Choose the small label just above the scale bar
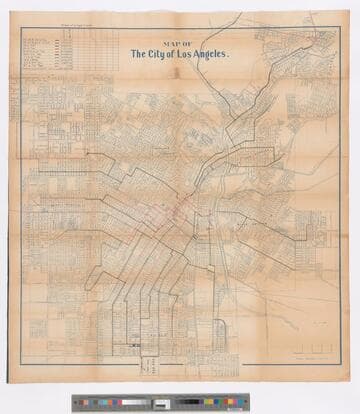318,324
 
